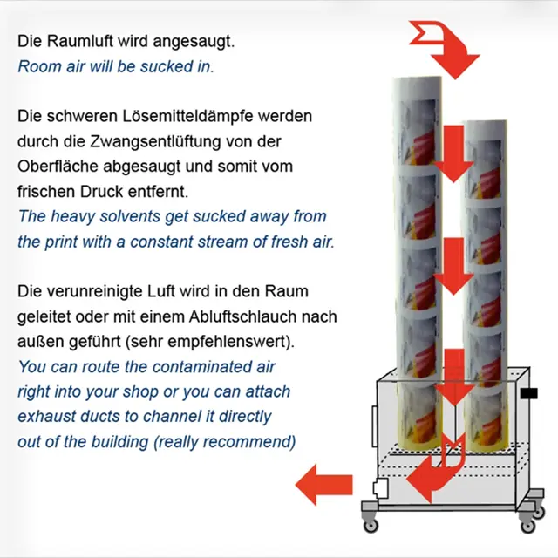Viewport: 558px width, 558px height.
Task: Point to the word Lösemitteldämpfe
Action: click(188, 116)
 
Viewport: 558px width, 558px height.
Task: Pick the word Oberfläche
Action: click(58, 167)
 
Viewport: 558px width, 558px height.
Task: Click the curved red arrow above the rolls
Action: click(445, 50)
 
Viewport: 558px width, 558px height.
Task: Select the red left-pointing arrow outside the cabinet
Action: click(324, 485)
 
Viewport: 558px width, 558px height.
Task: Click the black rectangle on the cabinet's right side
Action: click(529, 393)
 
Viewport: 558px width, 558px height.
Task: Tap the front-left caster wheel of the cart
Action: click(371, 524)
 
